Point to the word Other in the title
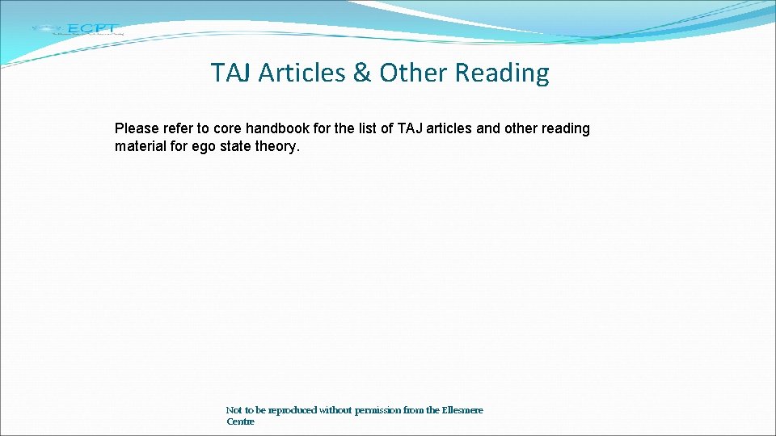[412, 73]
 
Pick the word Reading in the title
[502, 73]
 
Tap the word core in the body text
[227, 128]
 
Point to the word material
[142, 147]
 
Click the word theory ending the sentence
[280, 147]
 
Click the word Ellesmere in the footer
[462, 410]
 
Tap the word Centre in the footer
[240, 421]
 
